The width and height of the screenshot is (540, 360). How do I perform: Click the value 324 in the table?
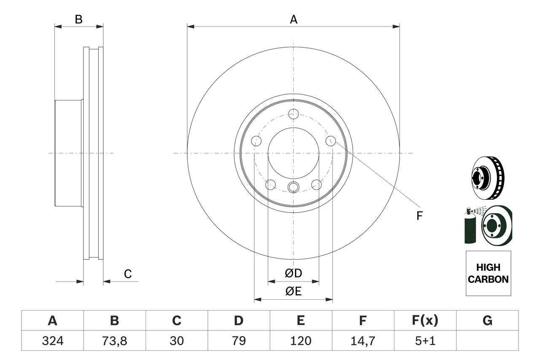[x=53, y=341]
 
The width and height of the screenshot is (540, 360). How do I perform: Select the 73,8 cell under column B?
[x=114, y=341]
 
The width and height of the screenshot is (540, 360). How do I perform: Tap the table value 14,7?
[x=363, y=341]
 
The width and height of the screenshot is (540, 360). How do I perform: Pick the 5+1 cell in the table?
[x=425, y=341]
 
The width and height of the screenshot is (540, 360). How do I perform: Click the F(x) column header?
[x=425, y=320]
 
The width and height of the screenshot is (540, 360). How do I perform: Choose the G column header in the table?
[x=487, y=320]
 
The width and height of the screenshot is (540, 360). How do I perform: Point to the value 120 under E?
[x=301, y=341]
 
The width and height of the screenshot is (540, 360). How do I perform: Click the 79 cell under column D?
[x=239, y=341]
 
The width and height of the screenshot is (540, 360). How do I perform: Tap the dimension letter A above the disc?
[x=294, y=19]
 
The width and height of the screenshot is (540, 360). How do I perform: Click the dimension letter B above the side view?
[x=78, y=19]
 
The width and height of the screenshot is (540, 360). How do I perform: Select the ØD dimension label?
[x=293, y=273]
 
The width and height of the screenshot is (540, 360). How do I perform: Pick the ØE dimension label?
[x=293, y=291]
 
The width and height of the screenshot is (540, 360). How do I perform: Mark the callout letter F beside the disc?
[x=419, y=216]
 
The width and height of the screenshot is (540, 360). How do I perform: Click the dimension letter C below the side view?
[x=128, y=274]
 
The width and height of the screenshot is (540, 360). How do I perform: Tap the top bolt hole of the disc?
[x=293, y=114]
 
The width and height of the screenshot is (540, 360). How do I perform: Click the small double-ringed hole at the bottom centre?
[x=293, y=187]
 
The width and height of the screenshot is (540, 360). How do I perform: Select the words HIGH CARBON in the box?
[x=488, y=273]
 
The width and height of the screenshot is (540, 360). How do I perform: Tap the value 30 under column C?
[x=177, y=341]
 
